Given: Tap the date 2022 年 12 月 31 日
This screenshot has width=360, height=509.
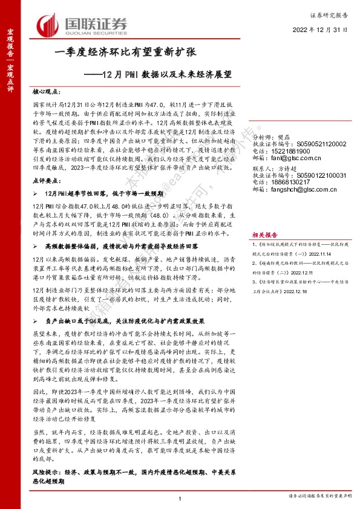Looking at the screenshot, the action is pos(321,29).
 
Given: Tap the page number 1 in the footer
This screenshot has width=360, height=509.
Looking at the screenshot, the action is pos(180,497).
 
